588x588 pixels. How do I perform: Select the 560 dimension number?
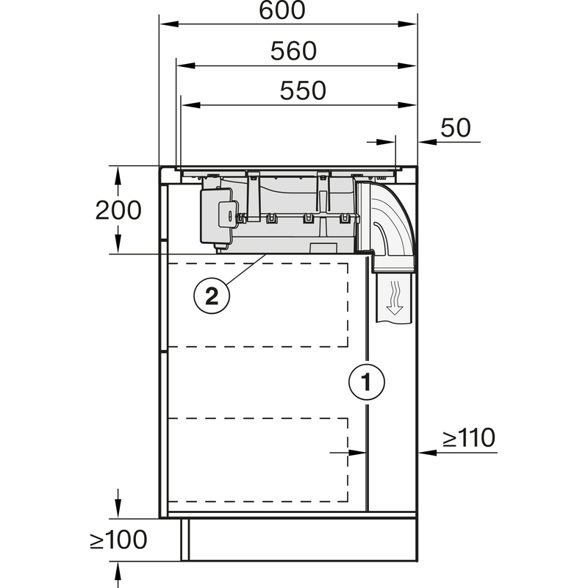point(293,51)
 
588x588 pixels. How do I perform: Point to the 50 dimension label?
point(455,127)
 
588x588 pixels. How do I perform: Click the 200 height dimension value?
point(118,210)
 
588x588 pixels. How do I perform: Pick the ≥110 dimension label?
point(469,438)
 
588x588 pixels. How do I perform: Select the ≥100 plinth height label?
point(118,540)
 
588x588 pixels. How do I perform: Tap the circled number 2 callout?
point(211,295)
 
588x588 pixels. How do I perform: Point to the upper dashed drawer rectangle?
point(257,304)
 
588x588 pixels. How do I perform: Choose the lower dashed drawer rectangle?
point(257,460)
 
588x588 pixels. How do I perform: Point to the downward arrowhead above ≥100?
point(118,512)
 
